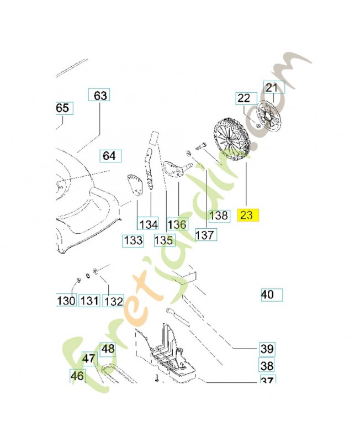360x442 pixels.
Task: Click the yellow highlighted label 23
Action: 247,215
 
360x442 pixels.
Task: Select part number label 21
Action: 272,87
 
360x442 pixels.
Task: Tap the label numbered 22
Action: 244,98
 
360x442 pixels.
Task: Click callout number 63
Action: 100,96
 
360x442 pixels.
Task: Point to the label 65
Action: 62,108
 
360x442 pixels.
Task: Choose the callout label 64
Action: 109,156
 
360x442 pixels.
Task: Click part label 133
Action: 134,240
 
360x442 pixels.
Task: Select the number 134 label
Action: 148,224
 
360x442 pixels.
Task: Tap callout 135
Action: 163,240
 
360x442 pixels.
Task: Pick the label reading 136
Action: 177,224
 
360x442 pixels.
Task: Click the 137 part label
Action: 206,234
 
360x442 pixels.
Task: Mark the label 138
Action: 219,215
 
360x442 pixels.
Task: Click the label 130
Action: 66,301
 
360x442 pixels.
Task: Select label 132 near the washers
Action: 113,301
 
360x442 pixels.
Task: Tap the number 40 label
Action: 268,294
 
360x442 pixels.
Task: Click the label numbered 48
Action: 108,349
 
